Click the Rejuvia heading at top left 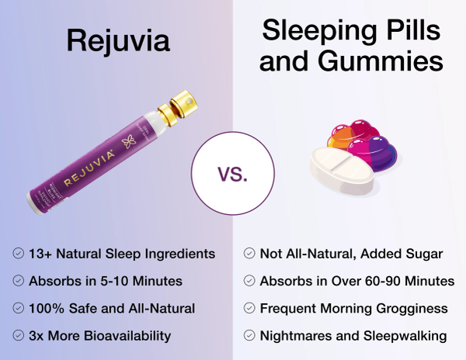tap(117, 40)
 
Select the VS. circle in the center tap(233, 173)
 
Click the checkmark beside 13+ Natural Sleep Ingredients tap(18, 253)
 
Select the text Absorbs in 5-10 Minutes tap(104, 281)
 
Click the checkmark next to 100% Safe tap(18, 308)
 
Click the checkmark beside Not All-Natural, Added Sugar tap(249, 253)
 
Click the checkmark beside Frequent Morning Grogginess tap(249, 308)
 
